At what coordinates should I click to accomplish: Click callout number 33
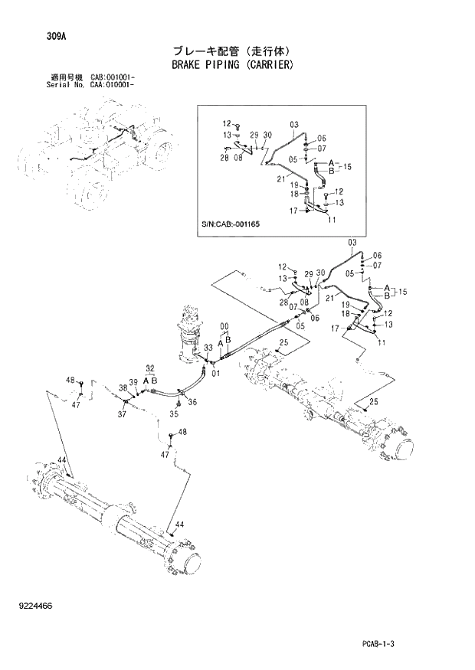(x=208, y=348)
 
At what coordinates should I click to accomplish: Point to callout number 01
(x=216, y=374)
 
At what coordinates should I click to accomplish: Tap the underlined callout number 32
(x=150, y=369)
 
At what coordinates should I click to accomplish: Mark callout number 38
(x=122, y=388)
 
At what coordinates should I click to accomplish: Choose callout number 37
(x=122, y=415)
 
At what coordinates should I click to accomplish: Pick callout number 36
(x=192, y=402)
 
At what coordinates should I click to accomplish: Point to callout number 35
(x=173, y=414)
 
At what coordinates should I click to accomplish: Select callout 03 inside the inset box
(x=293, y=124)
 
